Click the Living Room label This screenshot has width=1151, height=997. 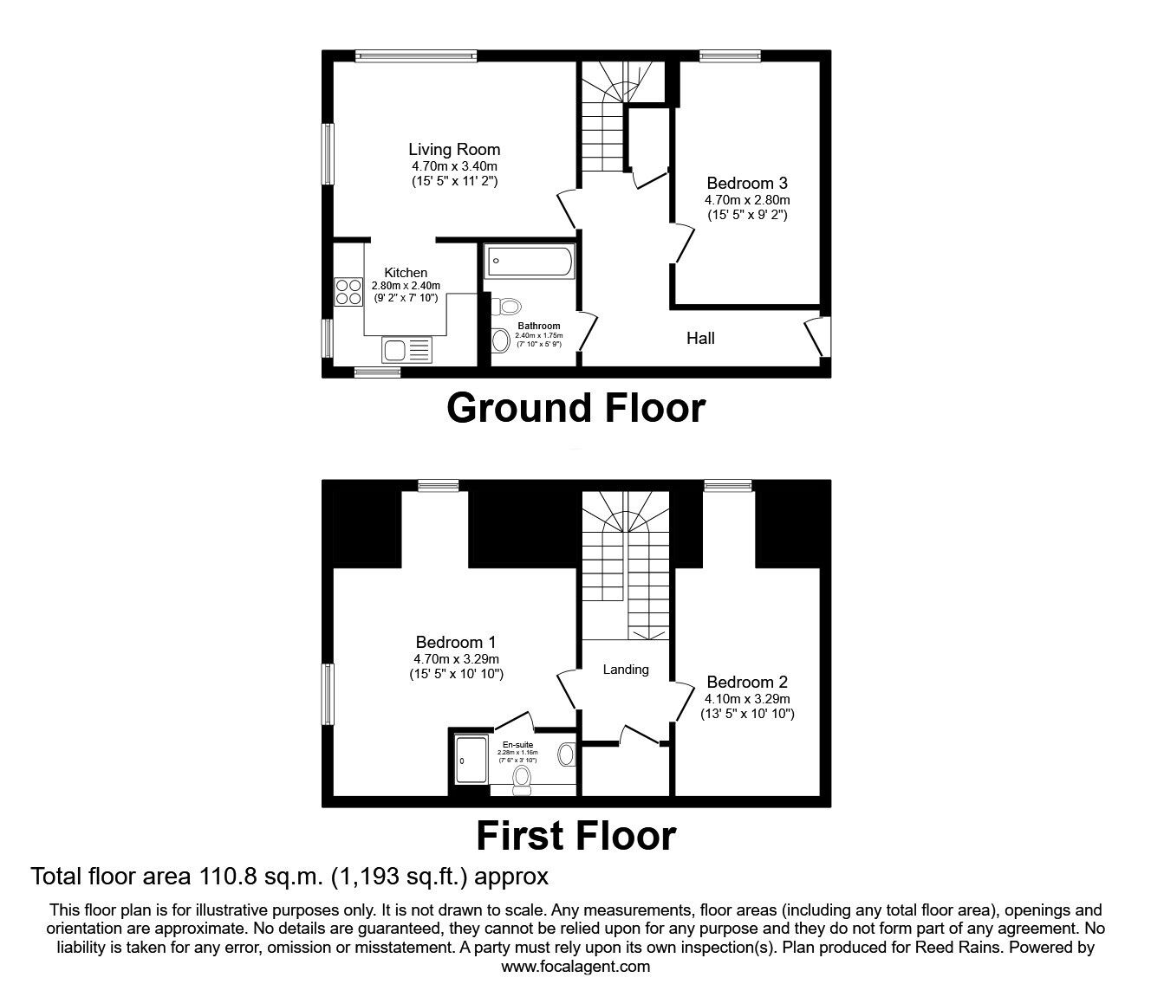point(454,150)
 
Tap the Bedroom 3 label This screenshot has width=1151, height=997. point(746,183)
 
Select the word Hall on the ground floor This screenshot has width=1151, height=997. point(700,338)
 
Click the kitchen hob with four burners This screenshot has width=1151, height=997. point(348,290)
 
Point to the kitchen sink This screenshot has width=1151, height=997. point(406,350)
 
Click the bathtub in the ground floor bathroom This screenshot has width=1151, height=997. point(529,262)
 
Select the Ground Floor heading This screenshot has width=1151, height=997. point(575,407)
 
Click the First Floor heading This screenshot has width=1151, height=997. point(575,836)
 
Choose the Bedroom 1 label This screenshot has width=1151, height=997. point(455,642)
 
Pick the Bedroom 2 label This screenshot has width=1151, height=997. point(746,682)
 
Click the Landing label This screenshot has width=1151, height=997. point(626,670)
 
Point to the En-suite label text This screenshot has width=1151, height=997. point(517,744)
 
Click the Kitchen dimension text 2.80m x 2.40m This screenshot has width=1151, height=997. point(406,286)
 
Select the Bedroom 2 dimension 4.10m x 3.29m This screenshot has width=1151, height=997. point(746,698)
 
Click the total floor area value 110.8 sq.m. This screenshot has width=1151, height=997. point(256,877)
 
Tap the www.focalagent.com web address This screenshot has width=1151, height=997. point(575,967)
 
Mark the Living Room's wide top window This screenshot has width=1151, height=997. point(416,56)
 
